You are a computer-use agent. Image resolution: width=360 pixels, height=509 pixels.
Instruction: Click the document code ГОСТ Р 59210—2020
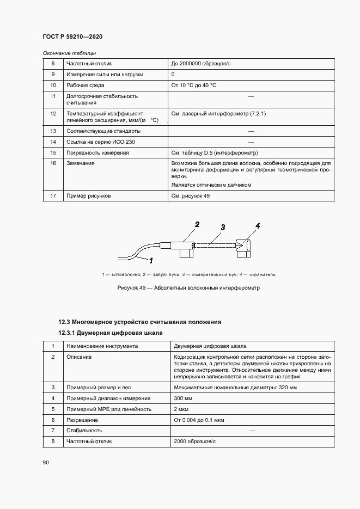coord(72,36)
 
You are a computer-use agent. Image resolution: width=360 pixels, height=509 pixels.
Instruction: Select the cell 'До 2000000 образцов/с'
coord(201,64)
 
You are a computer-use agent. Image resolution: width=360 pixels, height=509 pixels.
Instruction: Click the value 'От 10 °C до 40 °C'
coord(194,85)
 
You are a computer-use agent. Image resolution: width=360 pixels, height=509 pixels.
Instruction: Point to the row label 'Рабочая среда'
coord(86,85)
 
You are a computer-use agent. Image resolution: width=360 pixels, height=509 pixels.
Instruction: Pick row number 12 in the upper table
coord(53,114)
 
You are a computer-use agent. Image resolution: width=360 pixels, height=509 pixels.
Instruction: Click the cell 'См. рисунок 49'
coord(190,195)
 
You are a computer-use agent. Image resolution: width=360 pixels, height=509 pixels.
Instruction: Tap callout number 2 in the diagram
coord(197,224)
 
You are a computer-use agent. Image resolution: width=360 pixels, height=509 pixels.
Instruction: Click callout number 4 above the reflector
coord(258,225)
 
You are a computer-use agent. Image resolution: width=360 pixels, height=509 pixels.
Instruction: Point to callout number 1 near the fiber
coord(151,260)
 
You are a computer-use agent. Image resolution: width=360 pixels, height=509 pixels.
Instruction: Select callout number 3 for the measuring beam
coord(223,227)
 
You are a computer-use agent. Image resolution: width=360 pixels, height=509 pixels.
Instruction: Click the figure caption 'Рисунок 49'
coord(188,287)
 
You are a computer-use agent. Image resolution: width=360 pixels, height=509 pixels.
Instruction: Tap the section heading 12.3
coord(140,322)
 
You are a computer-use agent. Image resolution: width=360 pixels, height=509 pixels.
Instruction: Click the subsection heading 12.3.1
coord(111,333)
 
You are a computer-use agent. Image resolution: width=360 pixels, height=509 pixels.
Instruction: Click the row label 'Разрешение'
coord(82,420)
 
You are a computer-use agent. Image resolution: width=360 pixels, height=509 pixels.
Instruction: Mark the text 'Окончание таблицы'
coord(69,53)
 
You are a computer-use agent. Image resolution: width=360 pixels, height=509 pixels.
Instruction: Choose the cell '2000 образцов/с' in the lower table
coord(193,441)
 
